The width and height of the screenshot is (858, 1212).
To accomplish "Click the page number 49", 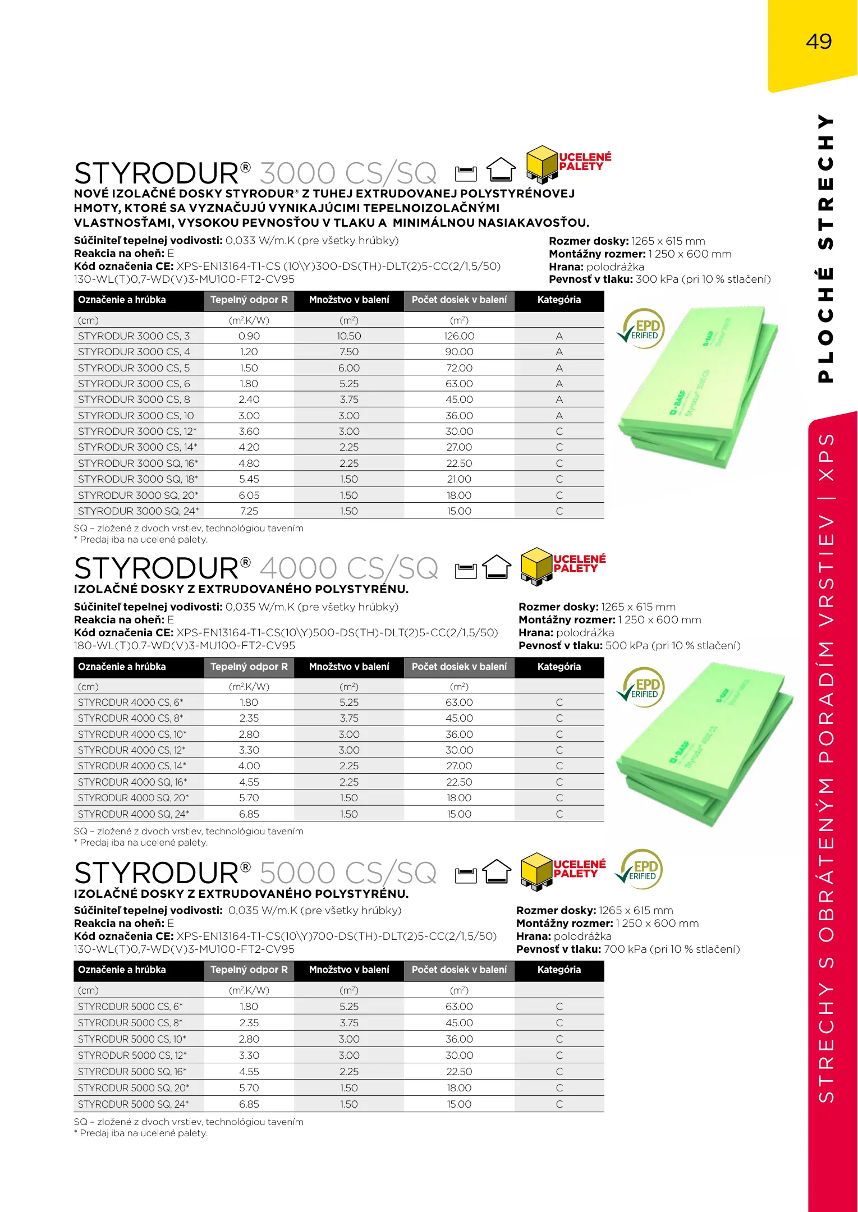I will click(x=818, y=42).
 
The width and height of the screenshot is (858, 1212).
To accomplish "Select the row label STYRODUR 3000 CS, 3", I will click(x=134, y=336).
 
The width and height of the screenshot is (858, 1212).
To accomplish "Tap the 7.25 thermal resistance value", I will click(x=249, y=511).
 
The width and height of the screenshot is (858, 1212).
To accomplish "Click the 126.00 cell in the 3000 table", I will click(x=459, y=336).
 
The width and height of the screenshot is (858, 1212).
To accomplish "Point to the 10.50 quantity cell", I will click(x=348, y=336).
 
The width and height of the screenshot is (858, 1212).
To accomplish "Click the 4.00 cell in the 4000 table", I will click(x=249, y=766).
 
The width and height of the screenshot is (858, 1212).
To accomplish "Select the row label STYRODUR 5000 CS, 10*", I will click(x=132, y=1039).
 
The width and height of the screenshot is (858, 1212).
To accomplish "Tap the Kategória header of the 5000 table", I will click(x=559, y=970).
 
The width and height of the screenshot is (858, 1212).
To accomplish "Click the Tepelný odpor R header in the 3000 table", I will click(x=249, y=300).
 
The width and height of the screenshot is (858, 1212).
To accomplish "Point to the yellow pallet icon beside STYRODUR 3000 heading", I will click(x=542, y=164).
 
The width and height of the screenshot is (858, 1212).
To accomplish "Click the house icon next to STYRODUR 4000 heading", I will click(x=497, y=567).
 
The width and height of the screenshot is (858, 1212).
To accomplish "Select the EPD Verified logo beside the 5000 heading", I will click(x=640, y=869).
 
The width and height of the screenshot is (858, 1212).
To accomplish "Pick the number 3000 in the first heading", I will click(x=297, y=173).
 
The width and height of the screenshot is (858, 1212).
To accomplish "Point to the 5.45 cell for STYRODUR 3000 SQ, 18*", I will click(x=249, y=479).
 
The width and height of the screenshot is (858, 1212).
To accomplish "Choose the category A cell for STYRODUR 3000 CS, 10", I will click(x=559, y=416).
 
